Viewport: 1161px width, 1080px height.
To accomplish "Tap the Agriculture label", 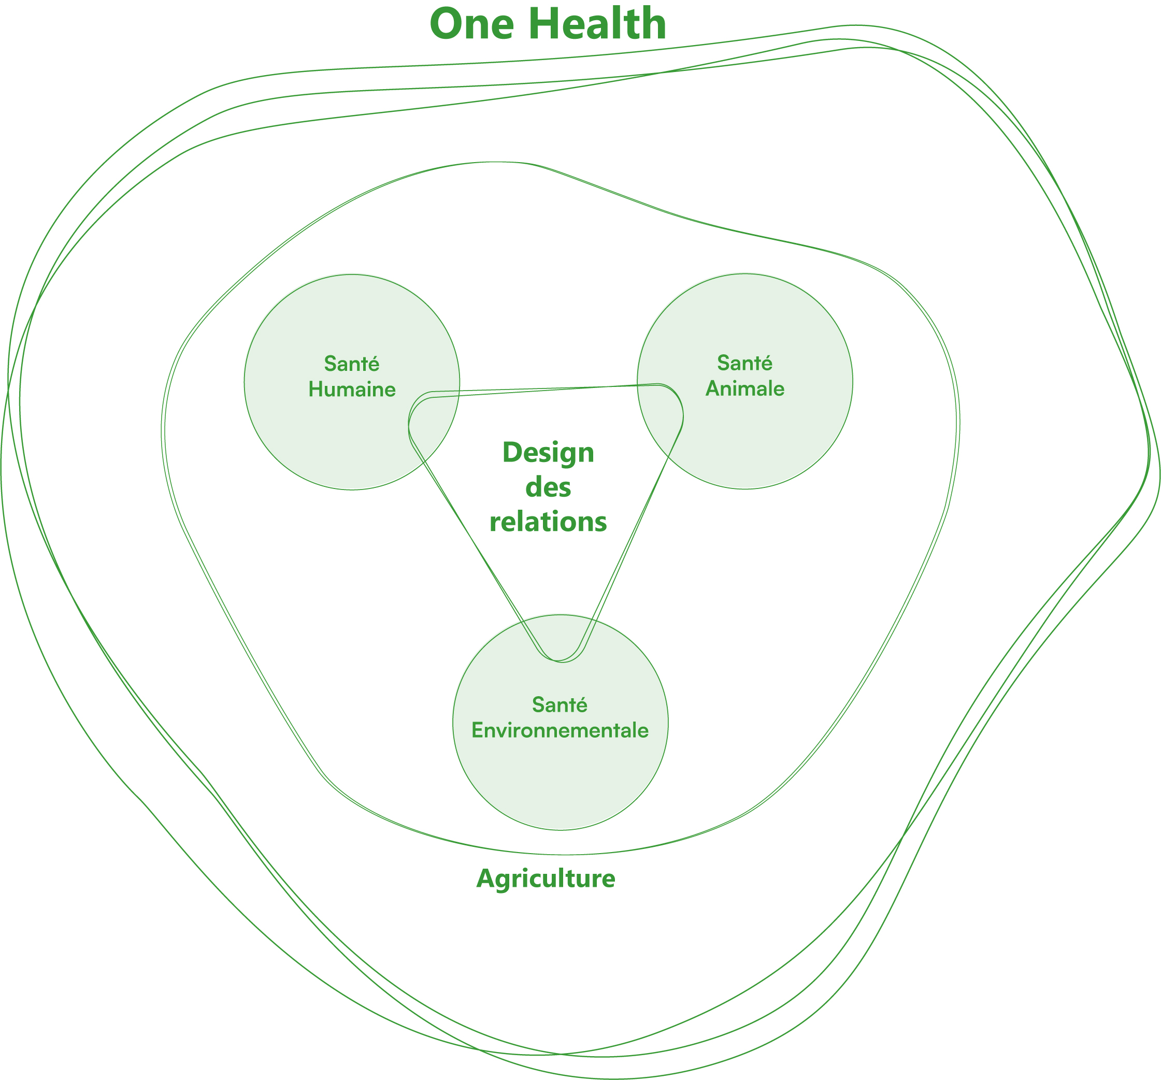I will (x=546, y=879).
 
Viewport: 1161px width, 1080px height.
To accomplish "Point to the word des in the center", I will (x=548, y=487).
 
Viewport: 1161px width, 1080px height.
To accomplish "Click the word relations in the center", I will (x=548, y=521).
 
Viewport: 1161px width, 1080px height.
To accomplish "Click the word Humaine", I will (x=352, y=390).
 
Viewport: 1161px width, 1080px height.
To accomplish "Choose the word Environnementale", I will (x=560, y=730).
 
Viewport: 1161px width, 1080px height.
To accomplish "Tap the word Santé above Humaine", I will (x=352, y=364).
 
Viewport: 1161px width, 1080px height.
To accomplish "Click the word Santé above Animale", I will (x=744, y=363).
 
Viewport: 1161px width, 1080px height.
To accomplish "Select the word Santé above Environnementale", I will (x=560, y=705).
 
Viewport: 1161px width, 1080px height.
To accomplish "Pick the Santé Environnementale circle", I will (x=560, y=782).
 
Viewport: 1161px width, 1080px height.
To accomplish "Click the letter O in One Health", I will (x=449, y=24).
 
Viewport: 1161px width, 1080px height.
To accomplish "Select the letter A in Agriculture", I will (x=486, y=878).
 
